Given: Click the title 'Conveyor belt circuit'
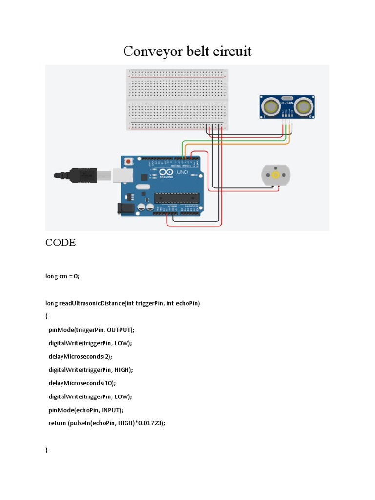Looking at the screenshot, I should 187,51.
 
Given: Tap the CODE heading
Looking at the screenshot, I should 61,243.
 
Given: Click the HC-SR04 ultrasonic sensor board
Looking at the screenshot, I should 287,106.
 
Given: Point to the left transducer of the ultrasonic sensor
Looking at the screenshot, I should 270,105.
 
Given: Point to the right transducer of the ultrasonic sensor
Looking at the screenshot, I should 304,105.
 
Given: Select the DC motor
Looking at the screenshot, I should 276,175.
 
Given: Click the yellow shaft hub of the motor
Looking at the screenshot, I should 276,175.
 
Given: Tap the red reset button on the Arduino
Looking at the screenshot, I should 128,161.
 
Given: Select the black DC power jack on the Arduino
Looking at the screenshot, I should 126,208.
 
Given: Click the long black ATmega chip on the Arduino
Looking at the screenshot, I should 177,198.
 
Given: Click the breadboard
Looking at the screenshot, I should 177,99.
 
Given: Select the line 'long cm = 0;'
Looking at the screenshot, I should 62,276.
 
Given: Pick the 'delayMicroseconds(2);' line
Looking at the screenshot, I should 83,356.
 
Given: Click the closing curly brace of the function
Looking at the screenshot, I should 47,450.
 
